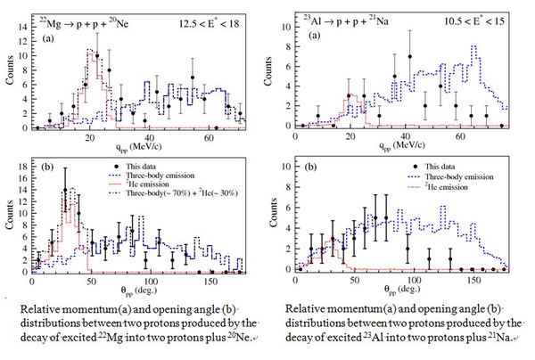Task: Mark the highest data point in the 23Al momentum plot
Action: click(x=410, y=56)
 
